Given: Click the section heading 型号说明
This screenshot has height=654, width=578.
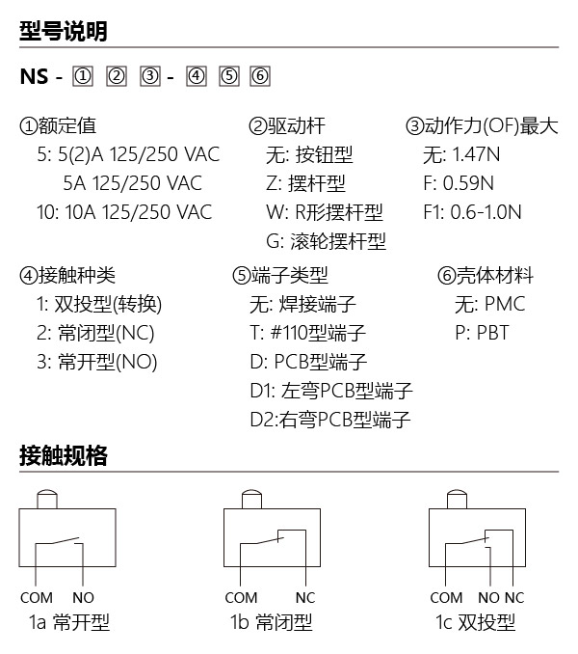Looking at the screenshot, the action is coord(64,31).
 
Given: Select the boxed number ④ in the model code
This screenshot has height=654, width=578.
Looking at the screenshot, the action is coord(197,76).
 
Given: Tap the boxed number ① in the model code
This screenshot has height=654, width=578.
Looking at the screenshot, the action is coord(83,76).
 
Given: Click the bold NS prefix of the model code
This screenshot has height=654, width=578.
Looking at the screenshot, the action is coord(34,76).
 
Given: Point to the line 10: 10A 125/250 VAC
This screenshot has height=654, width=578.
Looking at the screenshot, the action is coord(124,212).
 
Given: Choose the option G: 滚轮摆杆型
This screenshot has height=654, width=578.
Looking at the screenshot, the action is coord(326,241).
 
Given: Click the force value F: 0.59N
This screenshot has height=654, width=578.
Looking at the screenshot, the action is coord(459,183).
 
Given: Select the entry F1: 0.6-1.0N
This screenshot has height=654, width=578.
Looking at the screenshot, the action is coord(472,212).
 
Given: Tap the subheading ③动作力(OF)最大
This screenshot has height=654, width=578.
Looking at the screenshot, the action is coord(482,125).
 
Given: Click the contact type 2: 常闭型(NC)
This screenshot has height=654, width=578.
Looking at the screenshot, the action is coord(95,333).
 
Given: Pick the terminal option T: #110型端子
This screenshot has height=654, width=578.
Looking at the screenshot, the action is coord(307,333).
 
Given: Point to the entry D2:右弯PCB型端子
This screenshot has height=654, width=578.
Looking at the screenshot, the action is coord(330,420).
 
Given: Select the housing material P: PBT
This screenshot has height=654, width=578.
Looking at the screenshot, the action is coord(483,333).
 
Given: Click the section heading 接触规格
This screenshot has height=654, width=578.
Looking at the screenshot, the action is coord(64,455).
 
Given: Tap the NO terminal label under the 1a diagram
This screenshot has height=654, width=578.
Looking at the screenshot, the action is coord(83,598).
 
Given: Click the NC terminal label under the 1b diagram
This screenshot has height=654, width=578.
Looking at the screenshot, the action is coord(305,598).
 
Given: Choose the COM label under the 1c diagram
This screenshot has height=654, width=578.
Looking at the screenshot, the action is coord(446,598).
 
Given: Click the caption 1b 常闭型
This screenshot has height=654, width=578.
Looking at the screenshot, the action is coord(272,622).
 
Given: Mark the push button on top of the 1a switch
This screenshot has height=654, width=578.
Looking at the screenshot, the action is coord(47,500).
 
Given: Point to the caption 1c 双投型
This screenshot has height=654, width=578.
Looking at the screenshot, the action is coord(476,622).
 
